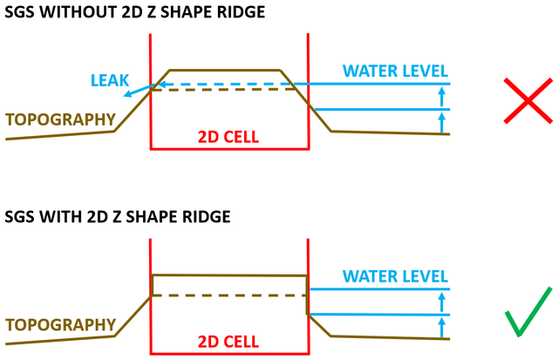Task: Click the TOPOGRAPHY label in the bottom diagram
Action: tap(60, 324)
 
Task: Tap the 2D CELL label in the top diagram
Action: tap(228, 137)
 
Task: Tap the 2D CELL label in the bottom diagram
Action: tap(228, 339)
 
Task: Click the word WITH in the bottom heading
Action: tap(63, 217)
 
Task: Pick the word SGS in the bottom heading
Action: tap(21, 217)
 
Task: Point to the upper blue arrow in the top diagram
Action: tap(442, 97)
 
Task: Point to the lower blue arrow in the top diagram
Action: tap(442, 121)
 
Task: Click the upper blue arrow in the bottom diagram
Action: tap(442, 302)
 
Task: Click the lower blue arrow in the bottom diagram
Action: tap(442, 327)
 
